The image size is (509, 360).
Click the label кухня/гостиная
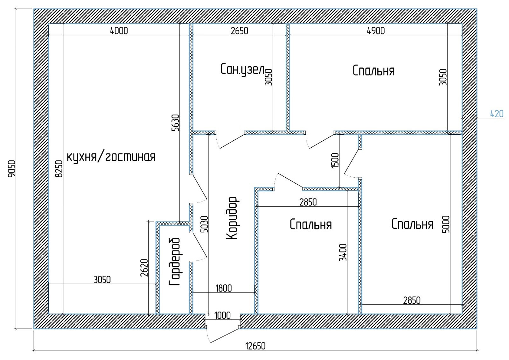click(111, 157)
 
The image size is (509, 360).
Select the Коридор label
click(233, 218)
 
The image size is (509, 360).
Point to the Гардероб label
click(175, 262)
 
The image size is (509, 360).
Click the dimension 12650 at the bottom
click(255, 346)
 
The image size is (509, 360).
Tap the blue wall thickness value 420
click(496, 114)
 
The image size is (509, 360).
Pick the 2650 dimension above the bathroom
click(239, 31)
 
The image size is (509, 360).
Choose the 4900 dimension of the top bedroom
click(376, 31)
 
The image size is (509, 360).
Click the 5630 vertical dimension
click(175, 123)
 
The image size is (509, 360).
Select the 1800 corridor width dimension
click(224, 288)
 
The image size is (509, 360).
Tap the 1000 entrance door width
click(222, 315)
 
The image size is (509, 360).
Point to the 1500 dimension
click(335, 161)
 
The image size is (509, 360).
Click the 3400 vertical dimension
click(343, 252)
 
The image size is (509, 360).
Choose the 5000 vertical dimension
click(446, 224)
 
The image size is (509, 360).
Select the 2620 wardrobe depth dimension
click(144, 268)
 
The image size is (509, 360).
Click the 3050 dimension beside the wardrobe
click(102, 280)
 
